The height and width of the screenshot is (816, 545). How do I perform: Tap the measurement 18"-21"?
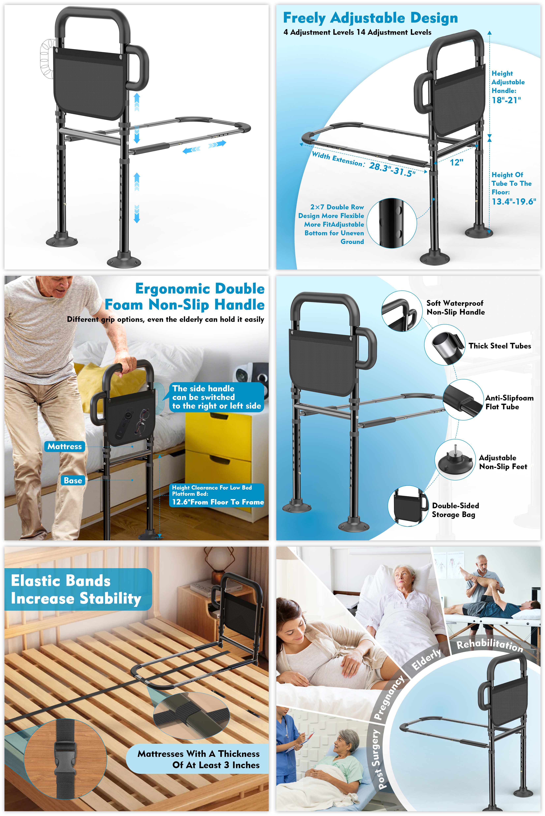click(x=506, y=100)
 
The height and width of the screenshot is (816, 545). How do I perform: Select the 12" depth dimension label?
click(x=456, y=162)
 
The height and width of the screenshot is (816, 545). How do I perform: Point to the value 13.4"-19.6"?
click(x=514, y=202)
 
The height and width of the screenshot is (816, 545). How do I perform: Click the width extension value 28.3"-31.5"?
click(x=392, y=170)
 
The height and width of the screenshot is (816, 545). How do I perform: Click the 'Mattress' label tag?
click(x=65, y=446)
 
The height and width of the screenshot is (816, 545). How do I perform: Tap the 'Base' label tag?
click(x=73, y=481)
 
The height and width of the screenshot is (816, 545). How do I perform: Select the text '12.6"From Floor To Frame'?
click(x=218, y=502)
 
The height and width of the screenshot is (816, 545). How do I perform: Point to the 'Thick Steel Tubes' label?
click(x=500, y=346)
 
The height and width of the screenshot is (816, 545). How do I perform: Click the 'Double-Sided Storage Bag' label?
click(x=455, y=510)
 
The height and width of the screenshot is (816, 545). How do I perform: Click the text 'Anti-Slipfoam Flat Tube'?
click(x=509, y=402)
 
